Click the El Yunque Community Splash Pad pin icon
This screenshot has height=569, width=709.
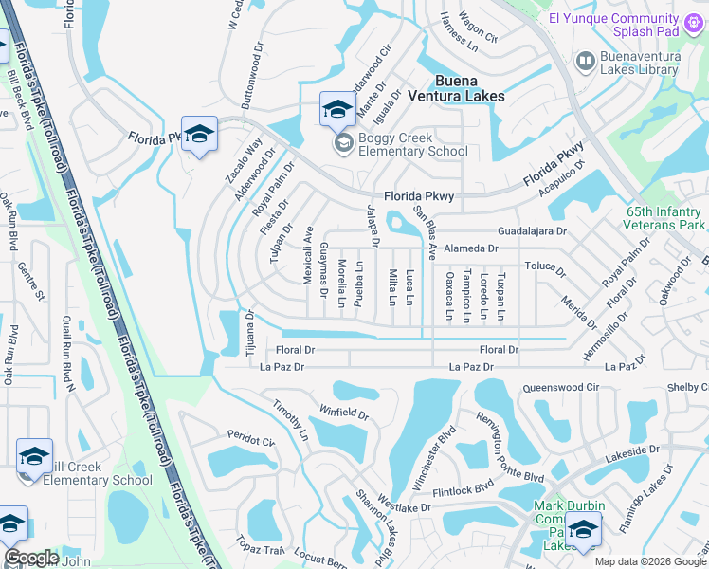pyautogui.click(x=693, y=21)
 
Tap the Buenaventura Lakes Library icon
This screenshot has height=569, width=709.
pyautogui.click(x=586, y=61)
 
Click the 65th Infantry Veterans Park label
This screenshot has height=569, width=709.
pyautogui.click(x=664, y=218)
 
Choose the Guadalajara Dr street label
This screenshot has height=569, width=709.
pyautogui.click(x=532, y=231)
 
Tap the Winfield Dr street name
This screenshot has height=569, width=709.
pyautogui.click(x=342, y=413)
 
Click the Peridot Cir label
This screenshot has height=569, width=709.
pyautogui.click(x=250, y=439)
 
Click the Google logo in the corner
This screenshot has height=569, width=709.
pyautogui.click(x=31, y=558)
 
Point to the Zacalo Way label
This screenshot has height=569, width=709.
pyautogui.click(x=242, y=162)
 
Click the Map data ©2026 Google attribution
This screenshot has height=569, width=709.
pyautogui.click(x=649, y=561)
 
